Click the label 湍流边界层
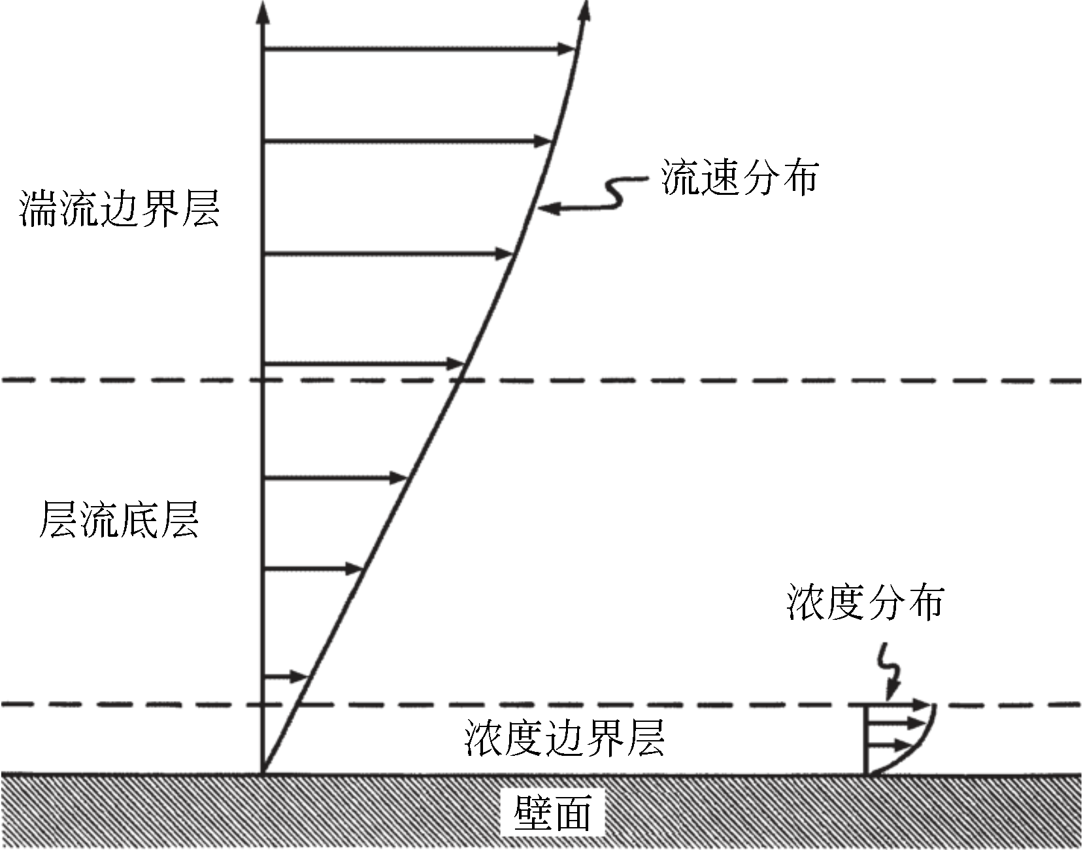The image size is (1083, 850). [120, 209]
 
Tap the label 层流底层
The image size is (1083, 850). [119, 520]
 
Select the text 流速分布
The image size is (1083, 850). [739, 177]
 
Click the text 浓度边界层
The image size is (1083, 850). [564, 738]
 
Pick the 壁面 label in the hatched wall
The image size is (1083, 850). [553, 813]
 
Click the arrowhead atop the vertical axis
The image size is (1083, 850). [262, 12]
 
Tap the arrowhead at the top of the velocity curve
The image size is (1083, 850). [584, 10]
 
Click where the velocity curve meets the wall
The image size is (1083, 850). [263, 773]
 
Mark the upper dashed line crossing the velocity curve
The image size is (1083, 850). [459, 379]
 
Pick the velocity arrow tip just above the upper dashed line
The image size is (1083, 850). [458, 363]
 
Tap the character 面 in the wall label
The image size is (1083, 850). [573, 813]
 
